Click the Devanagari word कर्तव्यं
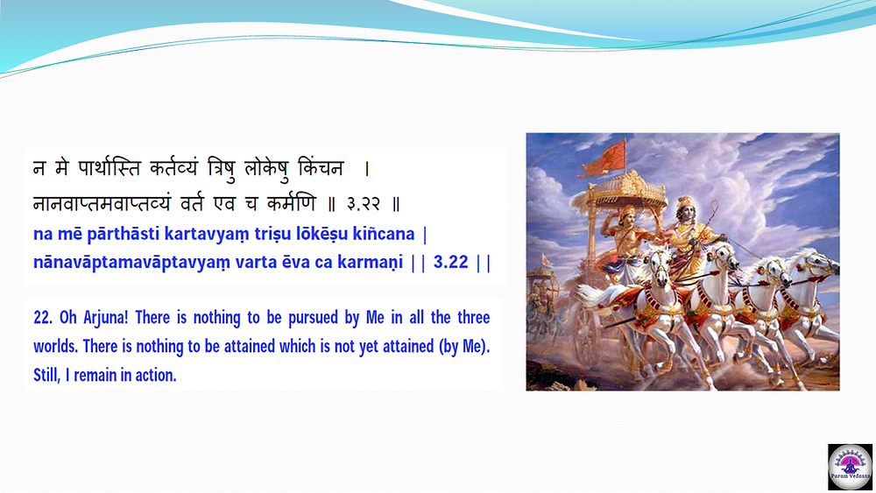point(173,168)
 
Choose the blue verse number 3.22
point(450,262)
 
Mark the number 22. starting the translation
point(43,318)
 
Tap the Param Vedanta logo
point(850,467)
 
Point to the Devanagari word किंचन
point(321,167)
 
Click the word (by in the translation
point(449,347)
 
